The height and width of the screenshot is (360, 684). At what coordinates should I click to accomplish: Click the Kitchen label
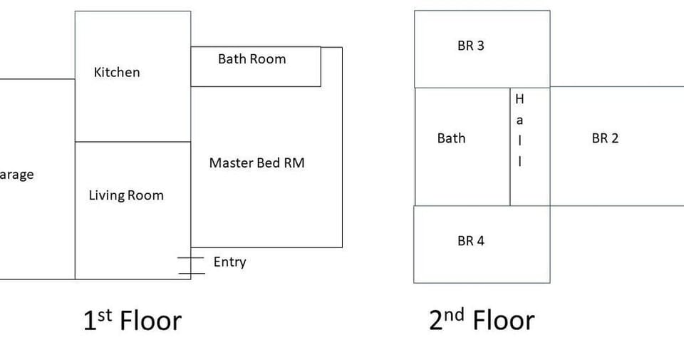coord(117,72)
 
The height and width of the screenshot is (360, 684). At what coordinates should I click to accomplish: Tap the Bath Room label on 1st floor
coord(252,59)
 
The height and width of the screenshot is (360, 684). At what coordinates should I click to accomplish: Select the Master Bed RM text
coord(256,163)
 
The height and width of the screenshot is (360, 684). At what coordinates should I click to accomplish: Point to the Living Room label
coord(126,195)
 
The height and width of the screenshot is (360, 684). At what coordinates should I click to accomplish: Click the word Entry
coord(229,262)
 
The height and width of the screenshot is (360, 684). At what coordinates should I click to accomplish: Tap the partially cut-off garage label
coord(16,175)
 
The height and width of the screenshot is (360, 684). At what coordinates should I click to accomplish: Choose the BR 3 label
coord(470,46)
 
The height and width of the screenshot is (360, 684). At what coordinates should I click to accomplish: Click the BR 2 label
coord(605,138)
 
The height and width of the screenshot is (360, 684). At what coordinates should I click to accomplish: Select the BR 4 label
coord(470,241)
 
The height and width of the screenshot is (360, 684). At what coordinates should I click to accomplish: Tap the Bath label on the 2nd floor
coord(451,138)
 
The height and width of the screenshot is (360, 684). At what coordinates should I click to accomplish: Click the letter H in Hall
coord(519,100)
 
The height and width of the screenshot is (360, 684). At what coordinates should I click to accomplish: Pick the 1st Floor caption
coord(133,321)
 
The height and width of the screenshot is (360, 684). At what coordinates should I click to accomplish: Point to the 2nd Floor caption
coord(481,321)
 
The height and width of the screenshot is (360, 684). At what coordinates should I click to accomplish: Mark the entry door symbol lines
coord(191,265)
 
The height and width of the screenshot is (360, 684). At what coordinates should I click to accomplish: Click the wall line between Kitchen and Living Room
coord(133,142)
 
